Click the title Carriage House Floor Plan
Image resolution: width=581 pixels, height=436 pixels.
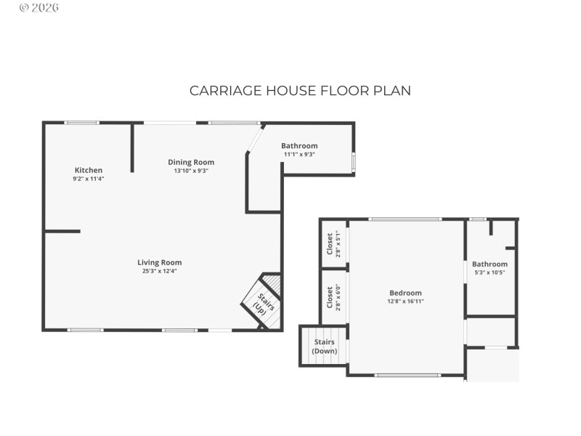(300, 91)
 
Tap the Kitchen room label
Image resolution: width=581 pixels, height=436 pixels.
(88, 170)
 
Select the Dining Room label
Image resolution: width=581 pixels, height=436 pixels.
(191, 162)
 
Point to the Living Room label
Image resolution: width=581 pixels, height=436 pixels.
(160, 262)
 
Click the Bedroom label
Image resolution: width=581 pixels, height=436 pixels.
(405, 293)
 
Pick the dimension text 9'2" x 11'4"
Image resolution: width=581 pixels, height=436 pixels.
(88, 179)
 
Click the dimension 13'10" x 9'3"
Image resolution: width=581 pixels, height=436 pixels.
(191, 171)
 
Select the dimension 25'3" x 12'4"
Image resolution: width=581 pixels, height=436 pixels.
(160, 271)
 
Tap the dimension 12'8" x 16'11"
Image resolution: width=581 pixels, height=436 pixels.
(405, 302)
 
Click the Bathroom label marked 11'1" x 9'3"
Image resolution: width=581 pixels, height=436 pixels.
(299, 146)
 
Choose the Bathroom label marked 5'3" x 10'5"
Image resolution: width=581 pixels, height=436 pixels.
(489, 265)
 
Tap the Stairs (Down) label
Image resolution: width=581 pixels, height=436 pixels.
(325, 346)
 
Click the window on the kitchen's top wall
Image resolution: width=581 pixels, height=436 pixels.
(81, 122)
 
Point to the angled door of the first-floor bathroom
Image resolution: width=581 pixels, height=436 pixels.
(254, 138)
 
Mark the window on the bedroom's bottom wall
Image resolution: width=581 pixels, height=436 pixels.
(397, 375)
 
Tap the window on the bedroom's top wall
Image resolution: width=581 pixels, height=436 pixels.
(405, 219)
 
